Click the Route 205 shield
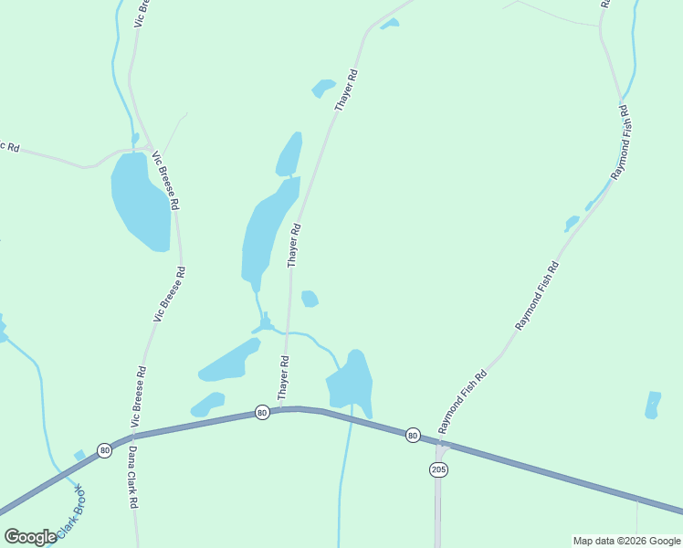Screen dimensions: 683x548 tap(437, 469)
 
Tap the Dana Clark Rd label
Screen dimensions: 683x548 tap(132, 477)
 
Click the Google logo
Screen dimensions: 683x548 tap(30, 537)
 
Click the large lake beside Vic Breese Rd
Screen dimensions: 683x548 tap(140, 200)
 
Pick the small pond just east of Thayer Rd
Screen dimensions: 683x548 tap(310, 299)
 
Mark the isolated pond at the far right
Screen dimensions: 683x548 tap(652, 405)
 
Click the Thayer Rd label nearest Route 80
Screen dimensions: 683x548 tap(285, 378)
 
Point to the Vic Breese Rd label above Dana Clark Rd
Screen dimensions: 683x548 tap(139, 396)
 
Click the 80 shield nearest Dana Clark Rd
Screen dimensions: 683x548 tap(105, 450)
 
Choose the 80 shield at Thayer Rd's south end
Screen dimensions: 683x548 tap(263, 412)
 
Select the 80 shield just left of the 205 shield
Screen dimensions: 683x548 tap(413, 435)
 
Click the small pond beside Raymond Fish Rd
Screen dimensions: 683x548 tap(572, 223)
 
